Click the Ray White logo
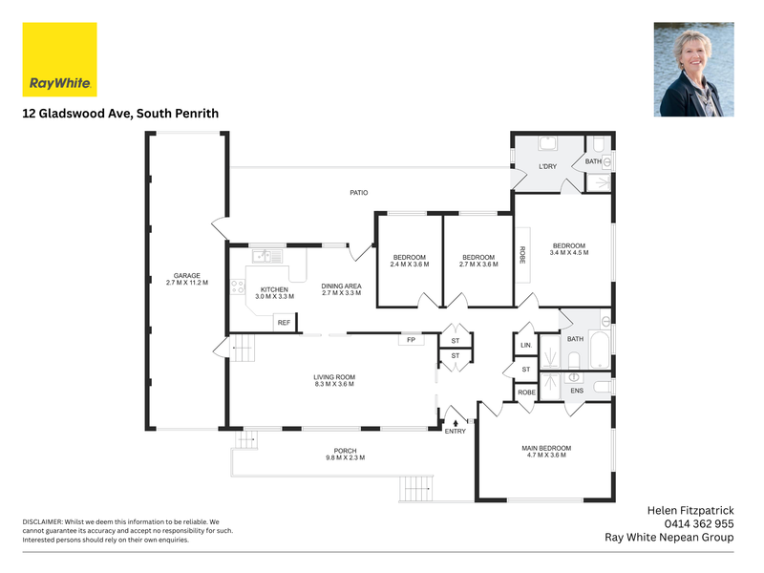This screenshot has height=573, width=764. point(59,59)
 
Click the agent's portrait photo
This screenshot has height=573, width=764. point(694,69)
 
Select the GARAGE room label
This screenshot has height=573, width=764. point(187,275)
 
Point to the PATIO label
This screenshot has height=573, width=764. point(359,193)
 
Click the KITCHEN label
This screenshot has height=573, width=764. point(274,289)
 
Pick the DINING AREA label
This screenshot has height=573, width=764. point(341,286)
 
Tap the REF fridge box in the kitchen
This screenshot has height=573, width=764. point(284,323)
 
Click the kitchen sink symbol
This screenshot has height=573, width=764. point(267,256)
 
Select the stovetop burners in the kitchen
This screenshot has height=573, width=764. point(238,286)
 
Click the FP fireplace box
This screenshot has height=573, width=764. point(412,340)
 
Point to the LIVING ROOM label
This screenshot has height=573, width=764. point(334,377)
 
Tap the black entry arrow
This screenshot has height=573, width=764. point(456,423)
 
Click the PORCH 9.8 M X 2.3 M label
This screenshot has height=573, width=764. point(346,455)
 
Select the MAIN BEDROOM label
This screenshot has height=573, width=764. point(546,448)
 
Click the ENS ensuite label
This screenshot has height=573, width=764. point(577,391)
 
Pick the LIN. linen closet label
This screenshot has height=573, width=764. point(526,345)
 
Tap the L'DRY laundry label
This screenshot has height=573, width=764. point(547,166)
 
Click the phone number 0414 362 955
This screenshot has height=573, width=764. point(699,523)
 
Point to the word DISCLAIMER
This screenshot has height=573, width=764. point(42,521)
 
